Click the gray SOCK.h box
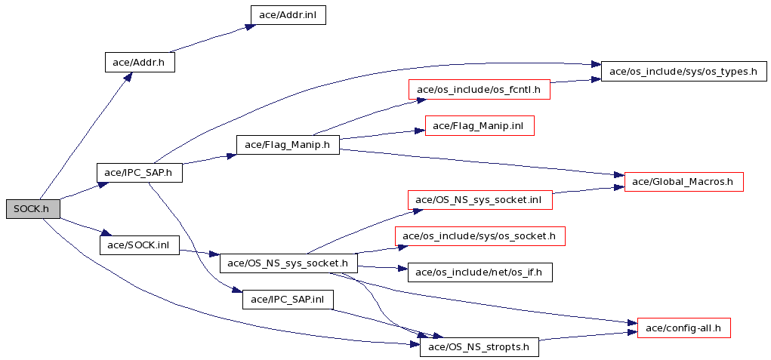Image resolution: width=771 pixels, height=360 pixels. pos(33,209)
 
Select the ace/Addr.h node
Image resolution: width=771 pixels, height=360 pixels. pos(140,63)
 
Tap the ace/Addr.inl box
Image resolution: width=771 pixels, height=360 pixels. pos(288,15)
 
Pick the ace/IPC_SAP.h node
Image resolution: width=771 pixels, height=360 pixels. pos(140,173)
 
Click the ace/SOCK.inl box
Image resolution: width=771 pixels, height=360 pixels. pos(139,245)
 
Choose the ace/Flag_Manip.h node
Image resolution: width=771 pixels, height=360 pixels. pos(288,145)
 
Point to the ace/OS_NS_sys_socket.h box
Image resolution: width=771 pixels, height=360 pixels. pos(288,263)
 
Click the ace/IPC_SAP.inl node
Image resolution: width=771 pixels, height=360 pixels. pos(288,299)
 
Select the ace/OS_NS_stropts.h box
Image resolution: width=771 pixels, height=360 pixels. pos(480,347)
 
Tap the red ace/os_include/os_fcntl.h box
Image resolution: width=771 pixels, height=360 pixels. pos(479,89)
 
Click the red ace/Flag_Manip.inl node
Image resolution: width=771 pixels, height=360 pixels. pos(480,127)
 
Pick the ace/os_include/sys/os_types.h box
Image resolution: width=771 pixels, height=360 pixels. pos(683,72)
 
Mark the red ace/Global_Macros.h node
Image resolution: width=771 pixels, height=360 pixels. pos(683,182)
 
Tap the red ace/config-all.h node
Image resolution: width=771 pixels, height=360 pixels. pos(683,328)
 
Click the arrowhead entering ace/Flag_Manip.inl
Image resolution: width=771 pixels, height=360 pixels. pos(419,131)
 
